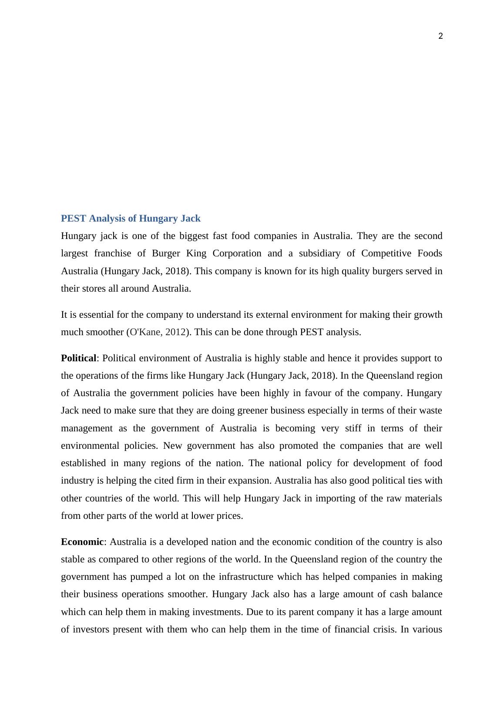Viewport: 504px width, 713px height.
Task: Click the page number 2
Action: click(440, 37)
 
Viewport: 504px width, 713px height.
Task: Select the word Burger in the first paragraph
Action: click(166, 253)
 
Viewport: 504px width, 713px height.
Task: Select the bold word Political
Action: click(78, 358)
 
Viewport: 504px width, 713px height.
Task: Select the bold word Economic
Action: click(82, 542)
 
